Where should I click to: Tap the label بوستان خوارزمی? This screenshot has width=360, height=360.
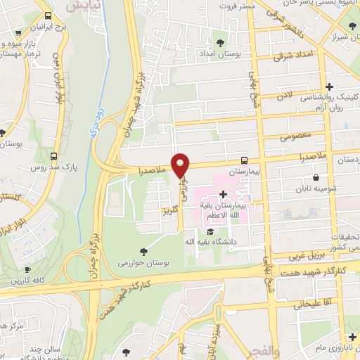pos(143,262)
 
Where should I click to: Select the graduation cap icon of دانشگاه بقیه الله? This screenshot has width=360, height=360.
pos(210,232)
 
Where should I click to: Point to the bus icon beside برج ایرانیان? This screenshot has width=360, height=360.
pos(47,15)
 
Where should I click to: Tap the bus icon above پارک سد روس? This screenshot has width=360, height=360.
pos(54,156)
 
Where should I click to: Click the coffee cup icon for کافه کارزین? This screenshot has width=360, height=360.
pos(27,269)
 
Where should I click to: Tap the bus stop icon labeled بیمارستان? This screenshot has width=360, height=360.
pos(243,160)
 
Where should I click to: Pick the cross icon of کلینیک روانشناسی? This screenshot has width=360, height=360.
pos(329,86)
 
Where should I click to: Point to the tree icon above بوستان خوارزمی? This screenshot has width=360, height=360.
pos(143,250)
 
